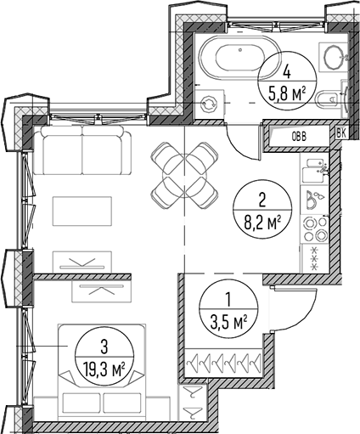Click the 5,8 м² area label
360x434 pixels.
click(x=287, y=93)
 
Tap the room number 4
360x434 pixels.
click(x=287, y=72)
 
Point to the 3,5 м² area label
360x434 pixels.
click(x=228, y=323)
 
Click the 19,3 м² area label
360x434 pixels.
click(x=104, y=370)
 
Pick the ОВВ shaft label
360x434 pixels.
click(x=300, y=137)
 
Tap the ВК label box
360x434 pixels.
click(x=341, y=133)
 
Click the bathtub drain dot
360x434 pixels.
click(x=240, y=50)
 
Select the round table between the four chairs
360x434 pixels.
click(x=184, y=176)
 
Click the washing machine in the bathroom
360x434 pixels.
click(x=210, y=104)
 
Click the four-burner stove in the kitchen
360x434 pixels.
click(x=315, y=228)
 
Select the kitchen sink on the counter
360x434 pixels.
click(x=314, y=171)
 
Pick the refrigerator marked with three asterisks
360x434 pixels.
click(x=315, y=259)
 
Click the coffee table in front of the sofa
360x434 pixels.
click(x=82, y=211)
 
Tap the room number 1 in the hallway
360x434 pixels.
click(x=228, y=300)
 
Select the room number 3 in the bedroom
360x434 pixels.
click(x=104, y=347)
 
